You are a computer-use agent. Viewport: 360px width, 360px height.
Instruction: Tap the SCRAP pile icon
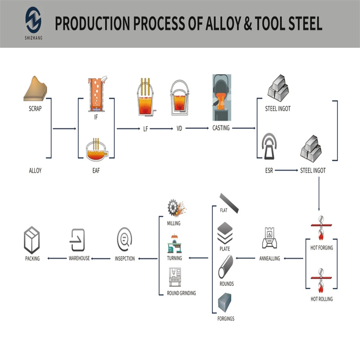tap(35, 89)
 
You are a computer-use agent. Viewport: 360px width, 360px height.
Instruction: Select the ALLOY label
tap(35, 171)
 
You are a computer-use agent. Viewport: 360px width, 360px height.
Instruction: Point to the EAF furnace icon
tap(96, 150)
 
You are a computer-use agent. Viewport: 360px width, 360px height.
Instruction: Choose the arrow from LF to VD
tap(161, 129)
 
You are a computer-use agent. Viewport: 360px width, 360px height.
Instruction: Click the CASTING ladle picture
tap(221, 97)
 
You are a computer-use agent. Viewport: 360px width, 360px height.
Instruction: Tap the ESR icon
tap(269, 146)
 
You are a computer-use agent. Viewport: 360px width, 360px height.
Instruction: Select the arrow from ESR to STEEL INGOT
tap(286, 171)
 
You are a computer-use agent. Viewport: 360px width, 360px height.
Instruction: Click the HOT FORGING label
tap(322, 248)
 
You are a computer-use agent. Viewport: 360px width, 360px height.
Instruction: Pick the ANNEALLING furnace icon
tap(270, 238)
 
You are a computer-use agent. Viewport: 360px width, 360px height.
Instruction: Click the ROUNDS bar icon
tap(226, 266)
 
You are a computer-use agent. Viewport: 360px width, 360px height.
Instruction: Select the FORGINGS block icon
tap(225, 302)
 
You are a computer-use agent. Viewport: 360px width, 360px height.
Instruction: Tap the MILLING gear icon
tap(177, 208)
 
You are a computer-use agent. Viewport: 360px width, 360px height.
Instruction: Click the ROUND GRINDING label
tap(181, 293)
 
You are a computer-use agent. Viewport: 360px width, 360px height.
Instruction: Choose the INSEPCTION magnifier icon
tap(125, 239)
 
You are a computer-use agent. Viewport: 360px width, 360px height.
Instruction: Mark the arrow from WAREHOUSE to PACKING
tap(57, 258)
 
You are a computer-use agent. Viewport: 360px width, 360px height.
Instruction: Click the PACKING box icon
tap(32, 240)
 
